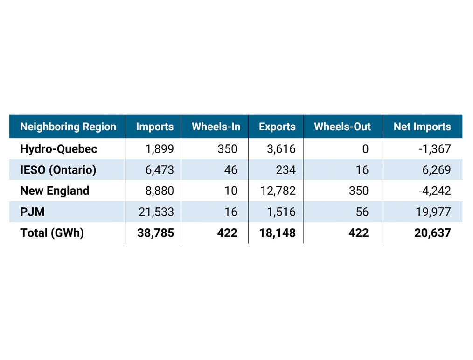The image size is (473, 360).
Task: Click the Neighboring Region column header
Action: tap(68, 127)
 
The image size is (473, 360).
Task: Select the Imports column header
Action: tap(155, 127)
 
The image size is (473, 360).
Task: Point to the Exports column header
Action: tap(277, 127)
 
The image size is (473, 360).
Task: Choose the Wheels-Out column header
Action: tap(342, 127)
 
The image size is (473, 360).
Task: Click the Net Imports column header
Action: tap(422, 127)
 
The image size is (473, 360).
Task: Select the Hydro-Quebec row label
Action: tap(59, 149)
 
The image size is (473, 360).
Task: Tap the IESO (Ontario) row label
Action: tap(58, 170)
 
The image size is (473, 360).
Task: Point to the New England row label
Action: tap(55, 191)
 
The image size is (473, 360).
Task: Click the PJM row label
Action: tap(33, 212)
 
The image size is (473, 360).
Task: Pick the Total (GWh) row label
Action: tap(52, 233)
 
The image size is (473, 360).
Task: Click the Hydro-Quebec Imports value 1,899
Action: tap(160, 149)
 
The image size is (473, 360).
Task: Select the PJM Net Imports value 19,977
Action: tap(433, 212)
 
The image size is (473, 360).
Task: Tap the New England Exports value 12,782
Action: tap(278, 191)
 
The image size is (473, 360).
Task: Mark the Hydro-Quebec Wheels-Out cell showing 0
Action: tap(365, 149)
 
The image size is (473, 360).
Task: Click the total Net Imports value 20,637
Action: tap(432, 233)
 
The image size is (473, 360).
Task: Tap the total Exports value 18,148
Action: tap(277, 233)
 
